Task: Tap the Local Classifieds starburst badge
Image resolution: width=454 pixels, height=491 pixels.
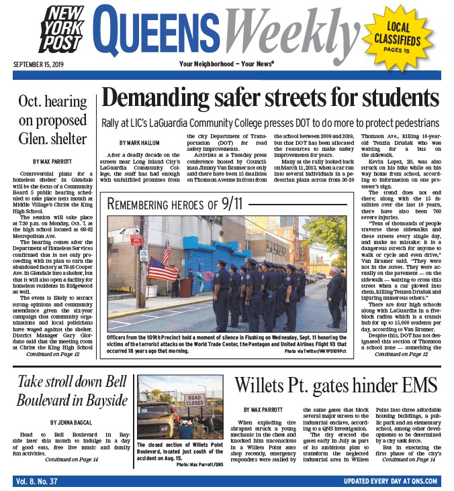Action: click(x=408, y=38)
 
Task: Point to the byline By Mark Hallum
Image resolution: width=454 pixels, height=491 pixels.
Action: click(x=139, y=143)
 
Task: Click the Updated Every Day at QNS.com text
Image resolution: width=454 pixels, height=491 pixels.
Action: click(x=389, y=481)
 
